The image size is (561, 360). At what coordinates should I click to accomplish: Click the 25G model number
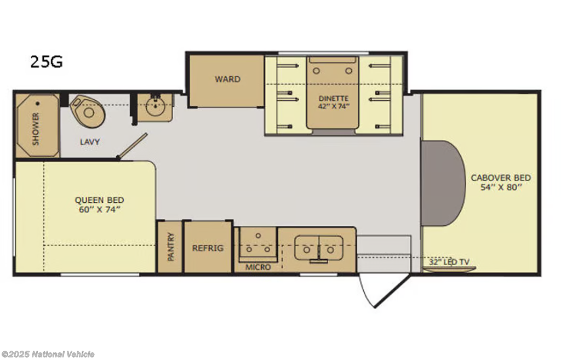(x=47, y=61)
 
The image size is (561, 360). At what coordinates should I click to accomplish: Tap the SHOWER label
(x=36, y=129)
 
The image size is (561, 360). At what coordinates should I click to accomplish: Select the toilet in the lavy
(x=88, y=110)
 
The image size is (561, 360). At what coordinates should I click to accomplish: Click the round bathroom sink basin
(x=155, y=106)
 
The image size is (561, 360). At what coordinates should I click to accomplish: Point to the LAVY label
(x=90, y=142)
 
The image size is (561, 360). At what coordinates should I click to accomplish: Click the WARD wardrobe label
(x=227, y=79)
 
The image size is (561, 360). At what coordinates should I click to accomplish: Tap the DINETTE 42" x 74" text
(x=334, y=102)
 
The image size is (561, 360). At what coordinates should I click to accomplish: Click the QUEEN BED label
(x=100, y=200)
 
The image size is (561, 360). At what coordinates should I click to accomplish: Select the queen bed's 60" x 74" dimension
(x=100, y=209)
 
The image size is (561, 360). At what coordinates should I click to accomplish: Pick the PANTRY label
(x=171, y=247)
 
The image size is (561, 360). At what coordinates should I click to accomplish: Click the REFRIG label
(x=208, y=248)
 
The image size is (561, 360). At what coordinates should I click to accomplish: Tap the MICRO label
(x=258, y=267)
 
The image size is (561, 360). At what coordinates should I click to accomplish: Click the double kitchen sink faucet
(x=318, y=255)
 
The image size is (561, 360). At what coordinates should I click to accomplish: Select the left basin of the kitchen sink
(x=307, y=248)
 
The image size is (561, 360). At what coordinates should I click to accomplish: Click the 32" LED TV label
(x=449, y=262)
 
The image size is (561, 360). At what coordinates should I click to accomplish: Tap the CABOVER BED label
(x=501, y=178)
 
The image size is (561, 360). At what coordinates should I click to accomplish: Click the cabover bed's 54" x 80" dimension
(x=501, y=187)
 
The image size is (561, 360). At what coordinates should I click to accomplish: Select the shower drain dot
(x=38, y=104)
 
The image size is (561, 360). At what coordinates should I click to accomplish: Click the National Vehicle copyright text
(x=48, y=354)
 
